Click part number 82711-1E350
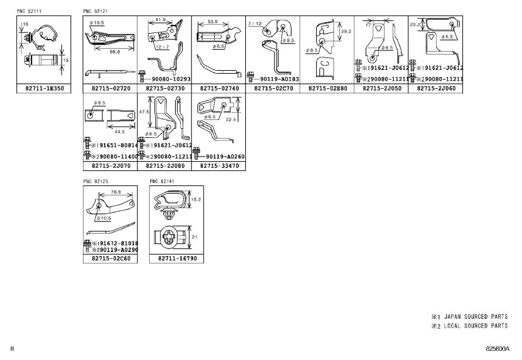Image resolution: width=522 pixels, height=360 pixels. pyautogui.click(x=43, y=89)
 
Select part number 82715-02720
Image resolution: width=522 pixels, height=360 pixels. pyautogui.click(x=110, y=89)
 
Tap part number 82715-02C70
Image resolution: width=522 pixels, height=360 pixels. pyautogui.click(x=273, y=89)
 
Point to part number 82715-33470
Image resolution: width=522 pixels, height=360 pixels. pyautogui.click(x=219, y=166)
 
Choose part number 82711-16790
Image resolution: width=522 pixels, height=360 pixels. pyautogui.click(x=176, y=259)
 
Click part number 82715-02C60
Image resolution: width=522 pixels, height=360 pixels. pyautogui.click(x=110, y=259)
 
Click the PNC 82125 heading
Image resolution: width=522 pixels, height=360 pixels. pyautogui.click(x=96, y=181)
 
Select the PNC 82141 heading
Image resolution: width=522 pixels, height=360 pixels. pyautogui.click(x=162, y=181)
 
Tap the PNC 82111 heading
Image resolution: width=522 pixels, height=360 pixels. pyautogui.click(x=29, y=11)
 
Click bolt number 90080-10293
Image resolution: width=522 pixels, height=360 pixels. pyautogui.click(x=168, y=79)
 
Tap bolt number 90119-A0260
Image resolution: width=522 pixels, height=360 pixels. pyautogui.click(x=223, y=156)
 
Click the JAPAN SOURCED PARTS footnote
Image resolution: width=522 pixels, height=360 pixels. pyautogui.click(x=470, y=317)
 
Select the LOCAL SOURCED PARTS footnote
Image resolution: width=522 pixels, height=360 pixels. pyautogui.click(x=470, y=326)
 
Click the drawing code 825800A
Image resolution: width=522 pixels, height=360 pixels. pyautogui.click(x=497, y=349)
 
